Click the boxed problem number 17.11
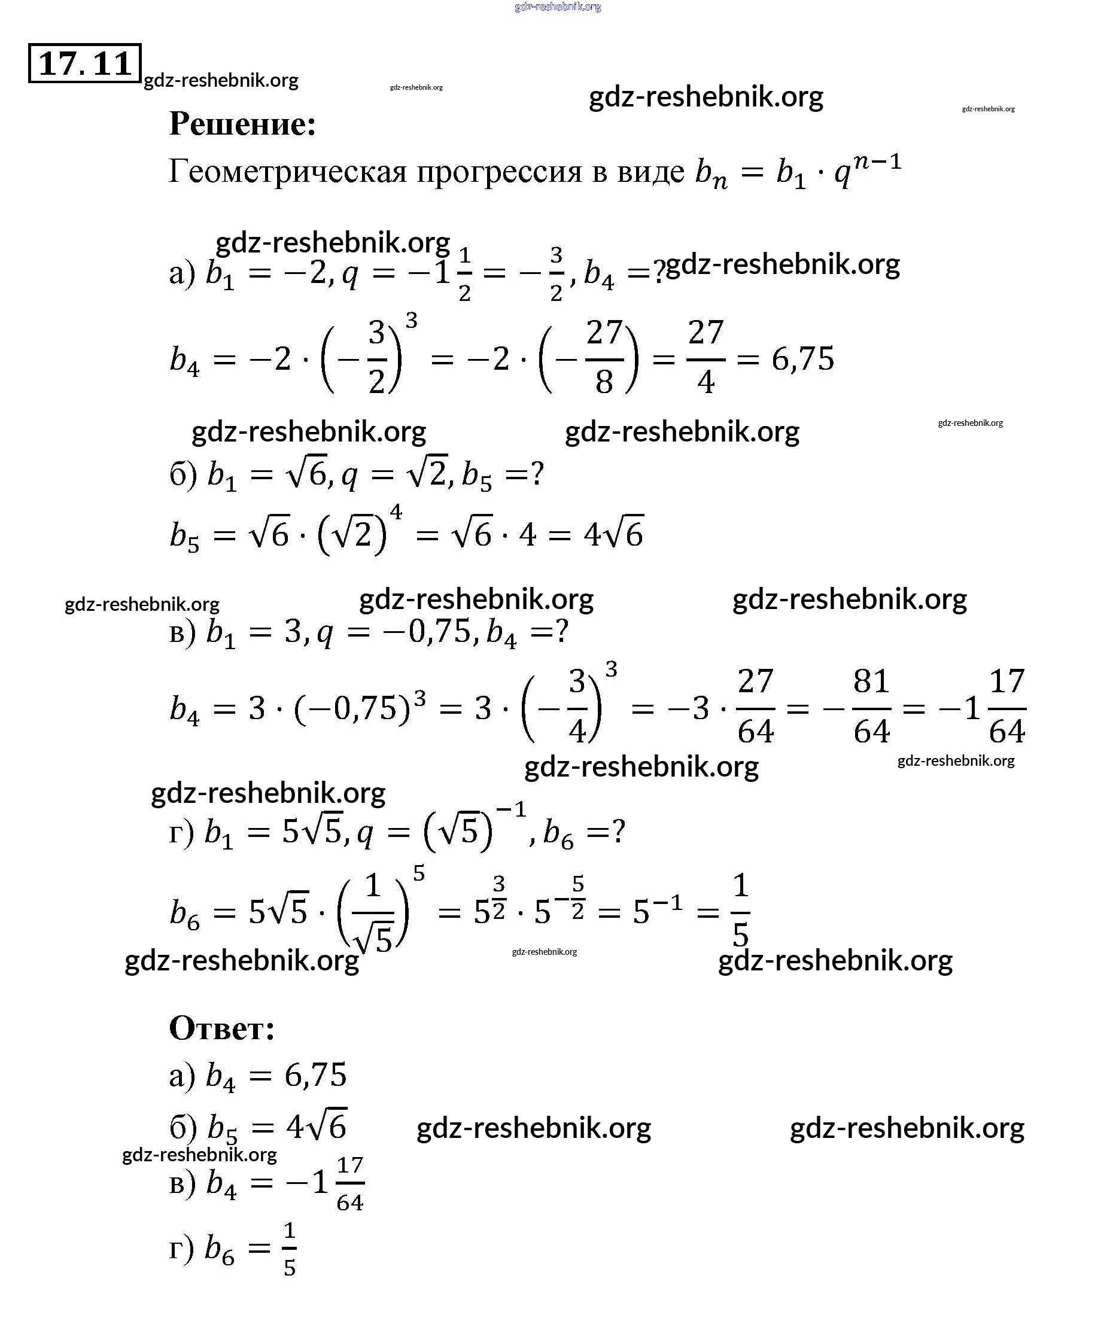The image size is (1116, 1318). coord(85,63)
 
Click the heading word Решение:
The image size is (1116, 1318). coord(242,124)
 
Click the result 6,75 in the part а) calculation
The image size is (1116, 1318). coord(803,359)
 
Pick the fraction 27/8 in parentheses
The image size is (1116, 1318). coord(604,357)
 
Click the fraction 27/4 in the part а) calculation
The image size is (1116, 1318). coord(706,357)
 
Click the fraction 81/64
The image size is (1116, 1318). coord(871,707)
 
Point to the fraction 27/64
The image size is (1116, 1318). coord(755,707)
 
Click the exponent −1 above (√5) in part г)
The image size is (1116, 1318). coord(510,809)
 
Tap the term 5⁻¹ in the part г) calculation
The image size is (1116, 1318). coord(658,911)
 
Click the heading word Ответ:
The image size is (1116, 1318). coord(222,1028)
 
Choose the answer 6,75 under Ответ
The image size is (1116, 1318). coord(316,1075)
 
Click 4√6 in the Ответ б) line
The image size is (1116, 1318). coord(316,1127)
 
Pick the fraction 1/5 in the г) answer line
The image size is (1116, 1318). coord(289,1249)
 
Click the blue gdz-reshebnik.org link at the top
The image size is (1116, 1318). coord(557,7)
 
